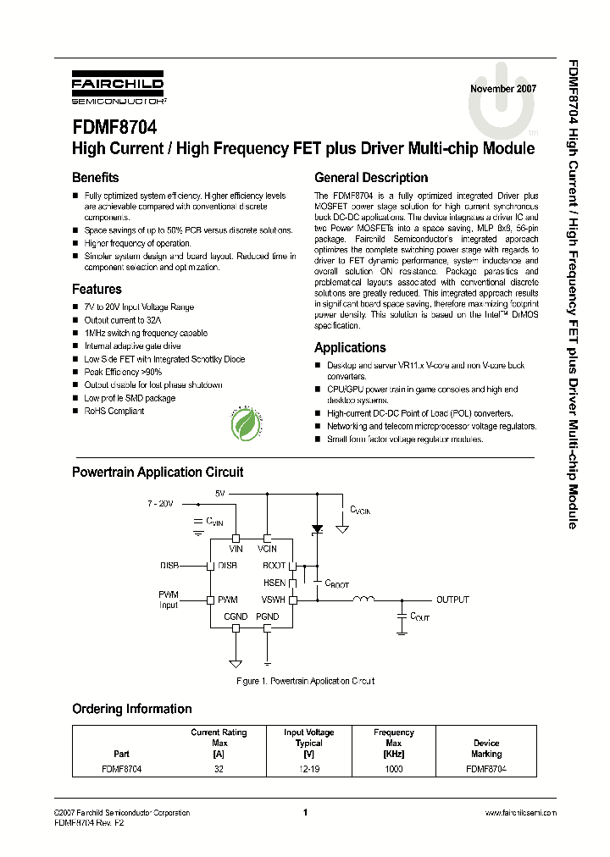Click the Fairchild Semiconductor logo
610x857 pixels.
pos(118,88)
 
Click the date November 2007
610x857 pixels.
pos(502,89)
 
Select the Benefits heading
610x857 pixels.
pos(96,178)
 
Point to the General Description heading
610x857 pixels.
pos(371,178)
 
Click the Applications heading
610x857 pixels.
pos(350,347)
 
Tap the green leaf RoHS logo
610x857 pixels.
pos(245,423)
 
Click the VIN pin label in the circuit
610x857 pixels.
pos(236,549)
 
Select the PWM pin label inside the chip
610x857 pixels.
pos(228,600)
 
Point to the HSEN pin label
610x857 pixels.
pos(274,583)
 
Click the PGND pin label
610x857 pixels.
pos(268,616)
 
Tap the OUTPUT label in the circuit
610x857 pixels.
pos(452,600)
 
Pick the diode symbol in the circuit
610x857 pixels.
pos(318,529)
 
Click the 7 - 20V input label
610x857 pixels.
pos(158,503)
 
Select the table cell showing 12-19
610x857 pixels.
pos(309,769)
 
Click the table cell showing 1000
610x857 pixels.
pos(393,769)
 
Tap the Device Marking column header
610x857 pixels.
pos(486,748)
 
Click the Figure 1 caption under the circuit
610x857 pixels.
pos(304,681)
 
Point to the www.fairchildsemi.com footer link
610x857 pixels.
pos(520,813)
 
